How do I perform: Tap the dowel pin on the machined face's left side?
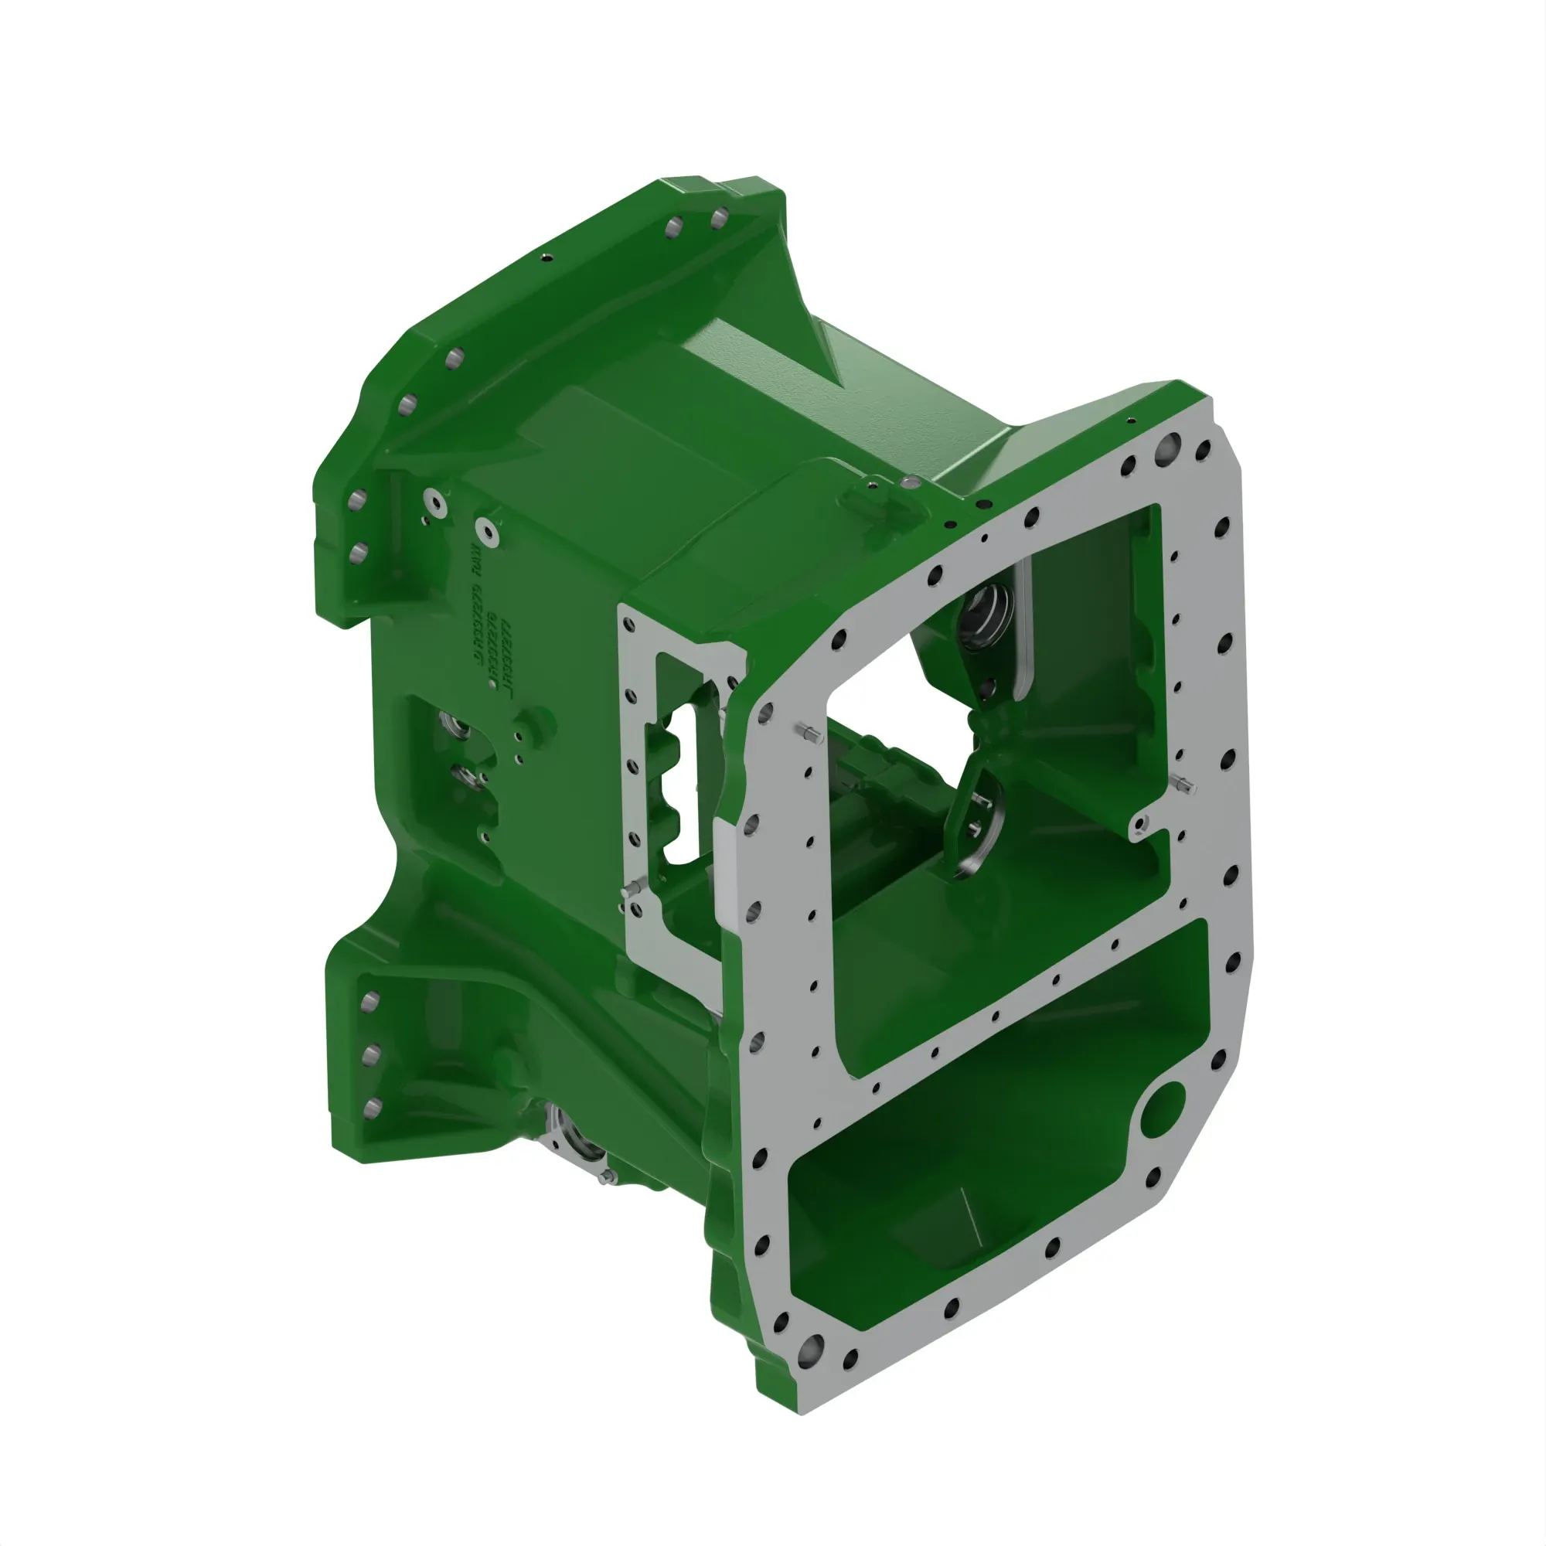[809, 731]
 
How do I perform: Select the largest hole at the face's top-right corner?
[1166, 445]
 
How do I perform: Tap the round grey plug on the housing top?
[910, 482]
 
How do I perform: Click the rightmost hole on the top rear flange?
[719, 218]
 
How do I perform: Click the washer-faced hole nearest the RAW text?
[487, 531]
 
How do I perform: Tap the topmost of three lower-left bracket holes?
[369, 1002]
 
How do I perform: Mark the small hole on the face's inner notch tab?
[1142, 822]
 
